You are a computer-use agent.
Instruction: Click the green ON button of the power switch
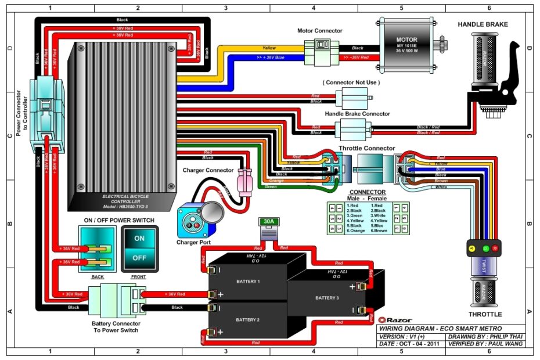point(139,239)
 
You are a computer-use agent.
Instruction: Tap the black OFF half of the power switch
point(139,257)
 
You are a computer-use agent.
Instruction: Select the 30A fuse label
point(268,222)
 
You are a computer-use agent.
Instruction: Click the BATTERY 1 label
point(248,281)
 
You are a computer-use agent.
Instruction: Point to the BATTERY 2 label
point(248,320)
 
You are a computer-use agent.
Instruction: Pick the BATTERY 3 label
point(327,298)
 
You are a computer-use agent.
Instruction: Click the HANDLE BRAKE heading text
point(483,24)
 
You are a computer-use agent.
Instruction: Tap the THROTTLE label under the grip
point(485,314)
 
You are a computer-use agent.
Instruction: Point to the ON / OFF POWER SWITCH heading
point(119,220)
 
